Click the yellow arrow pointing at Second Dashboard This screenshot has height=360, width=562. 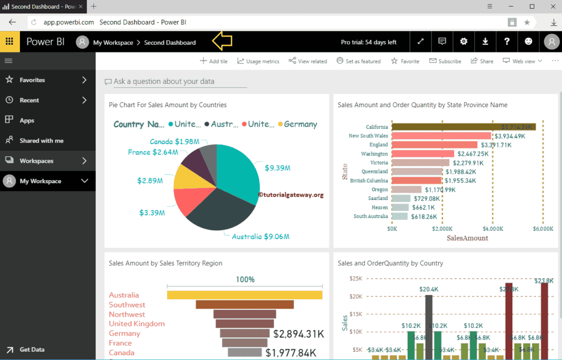[222, 41]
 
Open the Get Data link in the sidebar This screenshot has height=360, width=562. [31, 350]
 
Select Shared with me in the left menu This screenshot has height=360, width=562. [41, 141]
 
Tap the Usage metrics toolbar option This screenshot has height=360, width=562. [258, 61]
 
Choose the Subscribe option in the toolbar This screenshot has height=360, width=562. [445, 61]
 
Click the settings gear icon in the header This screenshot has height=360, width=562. [464, 41]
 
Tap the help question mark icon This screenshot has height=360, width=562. [507, 41]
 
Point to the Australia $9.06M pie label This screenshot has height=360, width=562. [260, 236]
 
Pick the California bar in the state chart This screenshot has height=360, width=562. [463, 127]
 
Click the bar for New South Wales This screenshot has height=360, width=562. [441, 136]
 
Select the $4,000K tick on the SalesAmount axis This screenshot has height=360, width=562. [492, 228]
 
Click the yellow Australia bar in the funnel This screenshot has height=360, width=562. [244, 295]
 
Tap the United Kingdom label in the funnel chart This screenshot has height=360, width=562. [136, 324]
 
